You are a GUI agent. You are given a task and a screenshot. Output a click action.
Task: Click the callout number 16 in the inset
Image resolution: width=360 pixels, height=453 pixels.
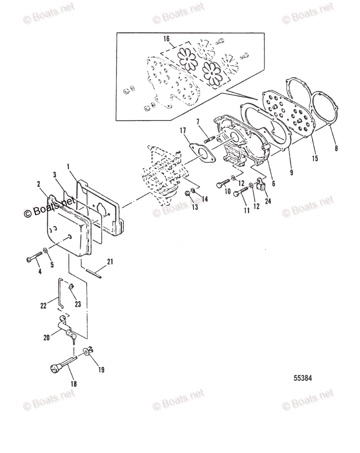tap(166, 39)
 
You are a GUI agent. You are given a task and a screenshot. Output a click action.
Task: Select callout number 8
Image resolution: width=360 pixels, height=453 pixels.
tap(336, 148)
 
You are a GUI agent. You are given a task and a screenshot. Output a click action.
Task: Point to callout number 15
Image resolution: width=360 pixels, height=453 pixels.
tap(315, 159)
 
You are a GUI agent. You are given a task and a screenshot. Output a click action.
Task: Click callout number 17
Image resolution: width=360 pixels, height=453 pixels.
tap(183, 131)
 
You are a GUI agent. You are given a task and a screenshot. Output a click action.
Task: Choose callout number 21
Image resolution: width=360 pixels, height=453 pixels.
tap(110, 261)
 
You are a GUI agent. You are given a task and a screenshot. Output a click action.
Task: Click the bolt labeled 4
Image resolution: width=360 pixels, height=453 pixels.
tap(34, 259)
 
